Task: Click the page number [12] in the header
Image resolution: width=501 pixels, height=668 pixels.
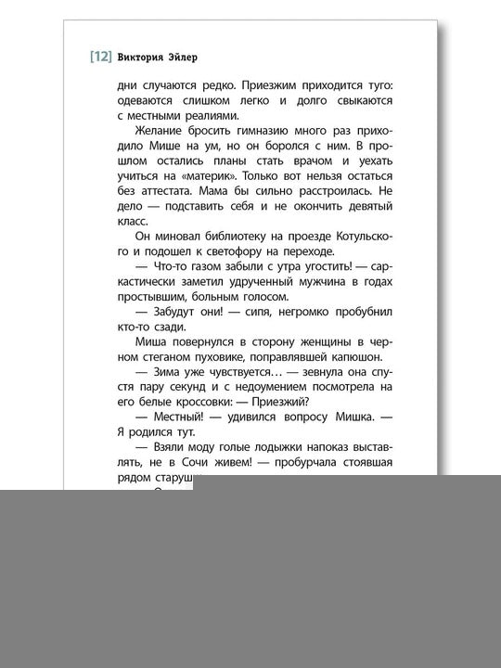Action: pyautogui.click(x=100, y=56)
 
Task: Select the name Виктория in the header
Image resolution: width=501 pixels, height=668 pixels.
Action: pyautogui.click(x=143, y=56)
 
